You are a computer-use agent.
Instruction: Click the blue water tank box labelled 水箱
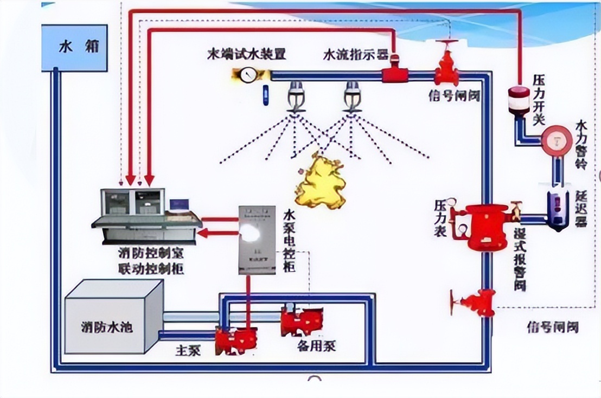(74, 48)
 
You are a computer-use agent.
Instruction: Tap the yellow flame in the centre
(321, 182)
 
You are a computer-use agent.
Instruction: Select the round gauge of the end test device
(248, 74)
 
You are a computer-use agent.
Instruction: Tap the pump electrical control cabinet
(257, 239)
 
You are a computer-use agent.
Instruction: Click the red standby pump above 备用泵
(301, 321)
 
